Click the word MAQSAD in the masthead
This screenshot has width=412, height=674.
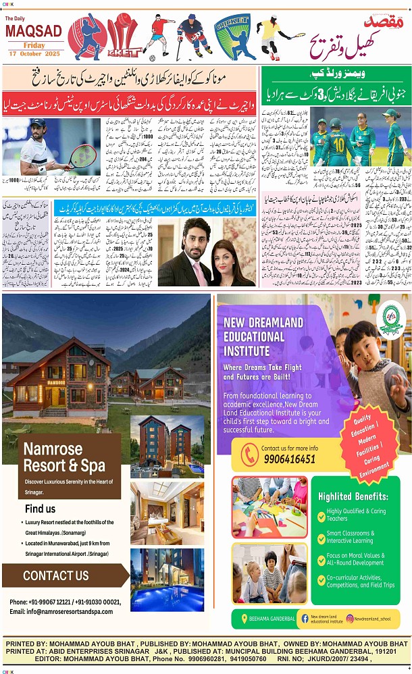[33, 31]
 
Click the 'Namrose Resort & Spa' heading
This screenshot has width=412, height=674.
[64, 457]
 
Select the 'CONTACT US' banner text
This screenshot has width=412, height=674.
[55, 575]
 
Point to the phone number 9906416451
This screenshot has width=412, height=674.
[288, 459]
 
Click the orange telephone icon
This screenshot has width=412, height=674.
[250, 454]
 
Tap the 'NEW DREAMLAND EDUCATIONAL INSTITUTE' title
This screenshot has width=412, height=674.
[254, 336]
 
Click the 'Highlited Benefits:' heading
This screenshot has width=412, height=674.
[353, 496]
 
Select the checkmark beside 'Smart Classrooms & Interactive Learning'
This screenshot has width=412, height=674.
[321, 537]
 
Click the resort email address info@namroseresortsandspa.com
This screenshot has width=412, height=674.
[61, 611]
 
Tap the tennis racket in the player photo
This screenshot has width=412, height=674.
[82, 157]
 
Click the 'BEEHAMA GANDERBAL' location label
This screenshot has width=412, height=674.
[272, 618]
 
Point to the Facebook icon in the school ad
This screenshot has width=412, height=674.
[305, 618]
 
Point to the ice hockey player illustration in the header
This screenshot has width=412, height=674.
[193, 35]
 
